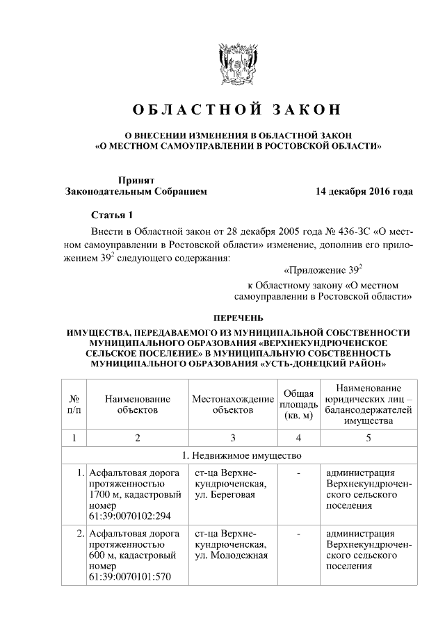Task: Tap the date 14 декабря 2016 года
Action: pos(364,191)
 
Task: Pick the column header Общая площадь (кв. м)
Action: pos(298,405)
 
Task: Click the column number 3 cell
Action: pos(233,438)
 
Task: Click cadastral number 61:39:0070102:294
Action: pos(122,516)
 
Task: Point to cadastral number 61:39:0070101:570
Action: pos(122,577)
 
